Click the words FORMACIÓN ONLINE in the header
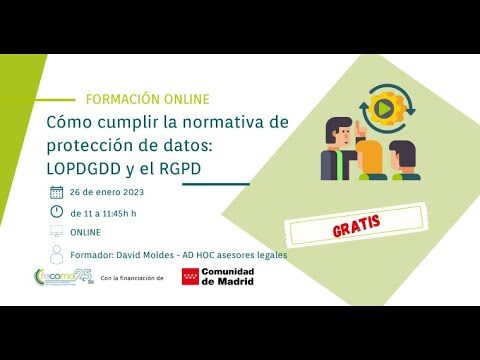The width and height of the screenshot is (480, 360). pos(148,99)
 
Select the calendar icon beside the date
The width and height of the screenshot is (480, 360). pos(56,192)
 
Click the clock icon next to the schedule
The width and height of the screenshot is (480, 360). pos(56,212)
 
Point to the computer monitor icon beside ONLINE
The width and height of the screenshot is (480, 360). pos(56,233)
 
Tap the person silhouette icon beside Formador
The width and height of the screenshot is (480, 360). pos(56,254)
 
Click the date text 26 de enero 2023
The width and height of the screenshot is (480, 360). pos(108,192)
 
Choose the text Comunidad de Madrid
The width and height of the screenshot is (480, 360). pos(227,277)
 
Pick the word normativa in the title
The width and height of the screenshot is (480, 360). pos(226,122)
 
